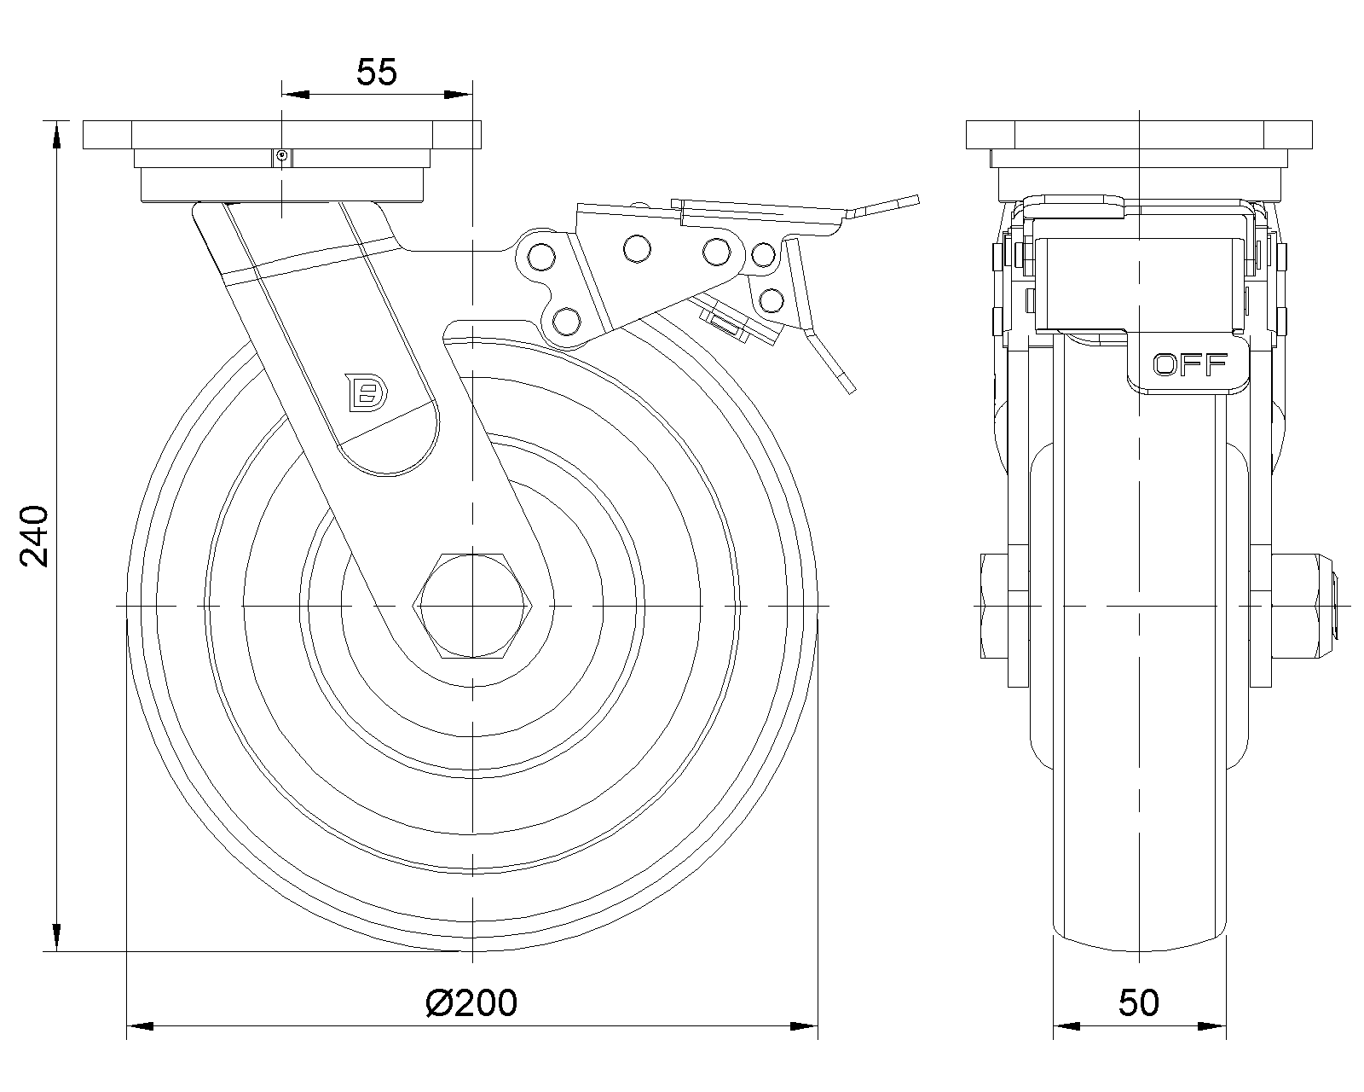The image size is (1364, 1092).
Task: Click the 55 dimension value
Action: (377, 73)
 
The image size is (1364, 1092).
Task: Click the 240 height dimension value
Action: (34, 536)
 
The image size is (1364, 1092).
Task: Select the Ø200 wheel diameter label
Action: (471, 1003)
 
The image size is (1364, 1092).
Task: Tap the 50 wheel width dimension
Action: (1138, 1003)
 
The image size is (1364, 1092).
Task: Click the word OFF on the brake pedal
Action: (1190, 365)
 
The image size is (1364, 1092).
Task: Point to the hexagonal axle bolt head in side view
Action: (472, 606)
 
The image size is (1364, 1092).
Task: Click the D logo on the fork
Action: (367, 392)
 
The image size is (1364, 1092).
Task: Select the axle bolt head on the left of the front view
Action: (995, 607)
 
